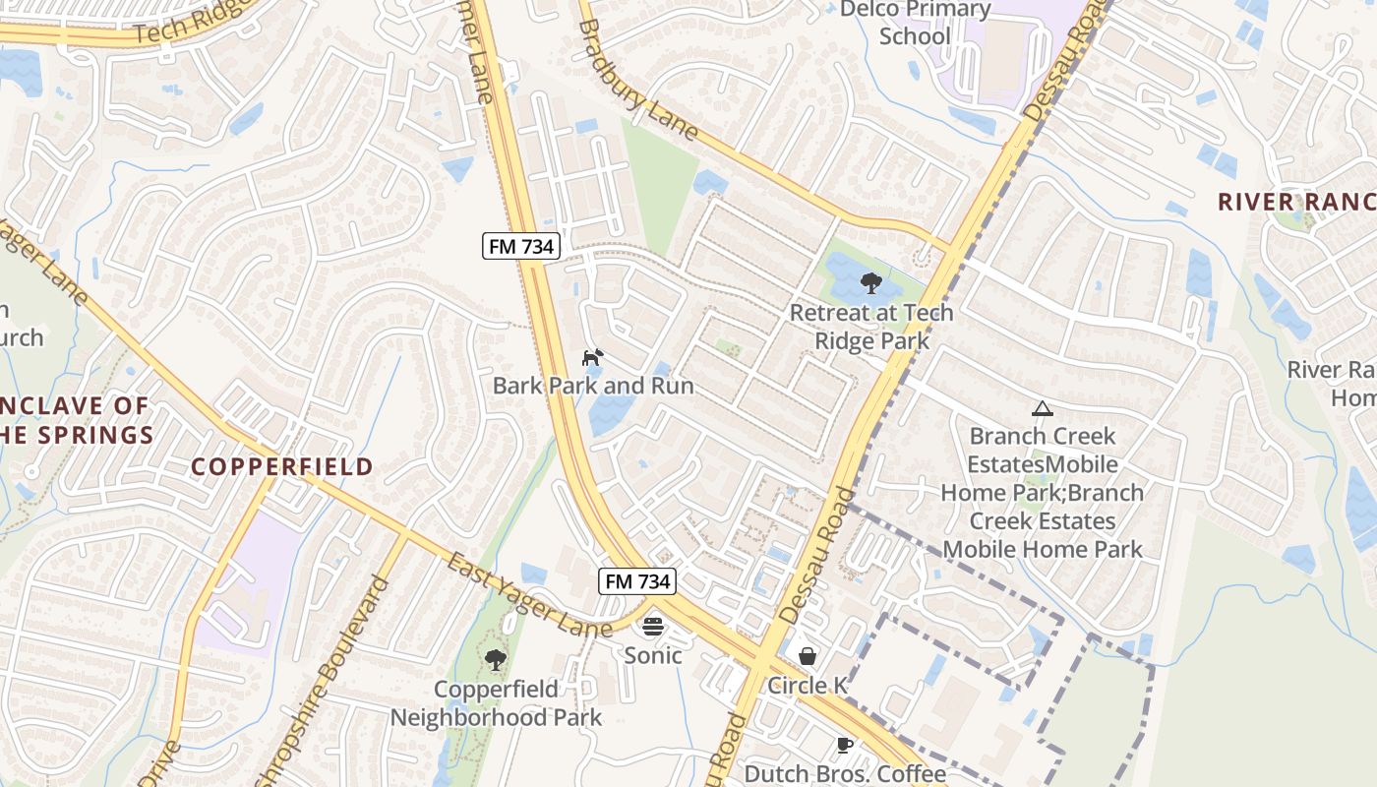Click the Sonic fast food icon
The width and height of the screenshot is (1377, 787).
(653, 627)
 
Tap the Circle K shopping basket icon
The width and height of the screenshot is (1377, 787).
(808, 656)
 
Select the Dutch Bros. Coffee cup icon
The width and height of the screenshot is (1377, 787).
(844, 745)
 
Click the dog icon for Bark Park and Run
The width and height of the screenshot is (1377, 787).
(592, 357)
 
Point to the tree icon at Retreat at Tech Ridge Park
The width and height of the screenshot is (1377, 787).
(870, 284)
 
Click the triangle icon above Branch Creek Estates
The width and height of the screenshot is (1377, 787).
(1042, 408)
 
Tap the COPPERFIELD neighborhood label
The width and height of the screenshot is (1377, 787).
(282, 466)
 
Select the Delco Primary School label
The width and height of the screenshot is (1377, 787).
(915, 23)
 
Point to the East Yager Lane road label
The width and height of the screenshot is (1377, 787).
(529, 596)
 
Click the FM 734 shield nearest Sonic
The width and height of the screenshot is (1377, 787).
(637, 581)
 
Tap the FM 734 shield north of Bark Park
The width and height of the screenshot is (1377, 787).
(521, 246)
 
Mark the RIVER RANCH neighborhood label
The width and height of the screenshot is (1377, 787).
(1296, 202)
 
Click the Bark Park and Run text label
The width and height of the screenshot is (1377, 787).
(593, 386)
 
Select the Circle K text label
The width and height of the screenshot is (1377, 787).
(808, 686)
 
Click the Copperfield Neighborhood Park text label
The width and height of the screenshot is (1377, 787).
(496, 703)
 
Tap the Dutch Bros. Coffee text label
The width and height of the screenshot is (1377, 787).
(845, 773)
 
